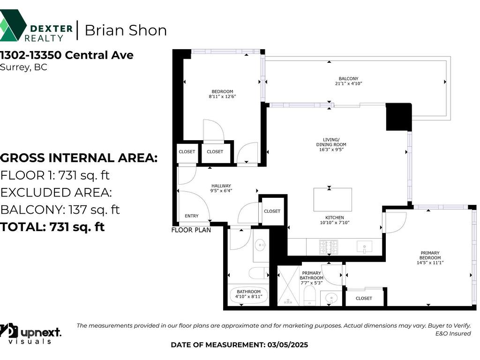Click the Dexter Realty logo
tap(36, 26)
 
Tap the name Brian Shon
tap(126, 30)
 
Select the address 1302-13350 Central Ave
tap(67, 55)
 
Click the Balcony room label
tap(348, 79)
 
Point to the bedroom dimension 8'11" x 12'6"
tap(222, 97)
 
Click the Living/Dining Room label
tap(331, 142)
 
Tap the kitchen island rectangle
tap(332, 200)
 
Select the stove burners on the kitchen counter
tap(329, 247)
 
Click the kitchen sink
tap(365, 247)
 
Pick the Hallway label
tap(221, 186)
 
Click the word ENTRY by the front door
tap(192, 216)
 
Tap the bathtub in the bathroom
tap(248, 295)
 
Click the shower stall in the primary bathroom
tap(288, 286)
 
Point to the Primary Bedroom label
tap(430, 255)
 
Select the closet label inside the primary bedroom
tap(364, 298)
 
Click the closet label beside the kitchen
tap(272, 211)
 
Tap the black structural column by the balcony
tap(398, 117)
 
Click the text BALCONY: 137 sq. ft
tap(60, 210)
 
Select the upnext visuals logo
tap(30, 334)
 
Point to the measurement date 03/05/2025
tap(288, 345)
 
